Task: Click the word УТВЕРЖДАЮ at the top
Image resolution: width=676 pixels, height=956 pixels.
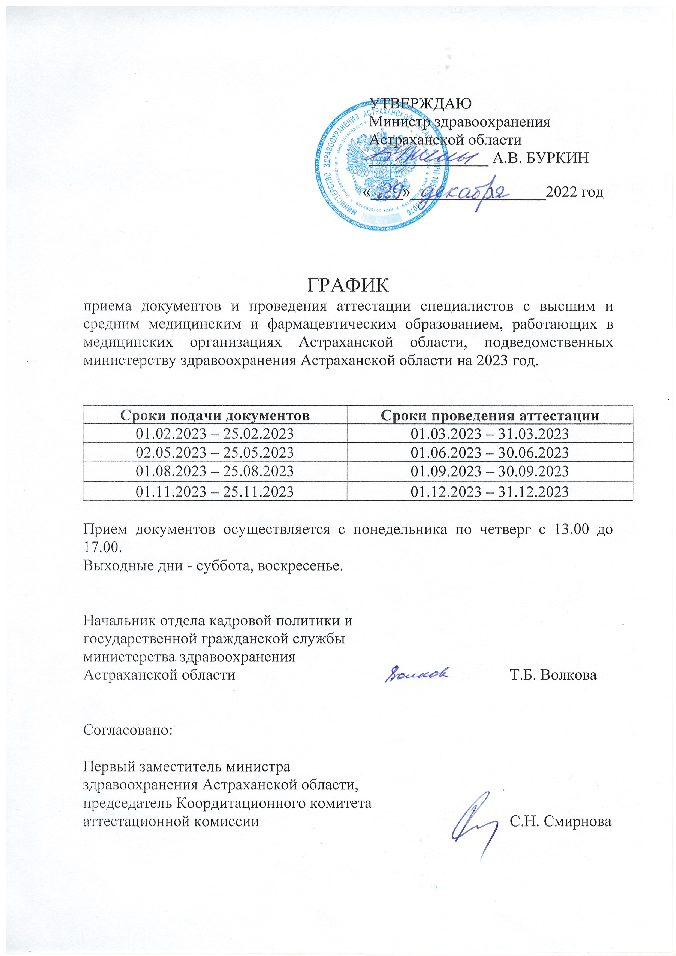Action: point(421,103)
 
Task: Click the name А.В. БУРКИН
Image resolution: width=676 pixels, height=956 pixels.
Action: point(540,158)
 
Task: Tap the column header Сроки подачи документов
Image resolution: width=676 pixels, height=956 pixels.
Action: point(215,416)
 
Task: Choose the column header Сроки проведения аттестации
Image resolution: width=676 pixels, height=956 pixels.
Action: point(490,416)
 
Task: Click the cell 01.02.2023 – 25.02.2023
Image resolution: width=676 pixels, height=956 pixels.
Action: point(215,434)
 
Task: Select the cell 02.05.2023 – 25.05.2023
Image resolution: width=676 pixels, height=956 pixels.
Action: point(215,453)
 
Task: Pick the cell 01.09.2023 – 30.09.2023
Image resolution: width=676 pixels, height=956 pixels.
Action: point(490,472)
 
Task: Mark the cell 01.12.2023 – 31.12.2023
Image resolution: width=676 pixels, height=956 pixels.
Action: point(490,492)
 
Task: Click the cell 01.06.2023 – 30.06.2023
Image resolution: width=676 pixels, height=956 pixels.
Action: point(490,453)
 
